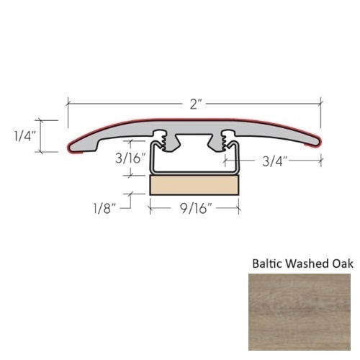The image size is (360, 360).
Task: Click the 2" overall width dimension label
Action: (194, 104)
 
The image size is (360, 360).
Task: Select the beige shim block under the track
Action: (194, 186)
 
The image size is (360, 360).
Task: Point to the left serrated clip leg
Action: (167, 142)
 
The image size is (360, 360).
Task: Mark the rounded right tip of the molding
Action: (318, 144)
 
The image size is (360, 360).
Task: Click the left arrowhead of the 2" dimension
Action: (70, 104)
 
